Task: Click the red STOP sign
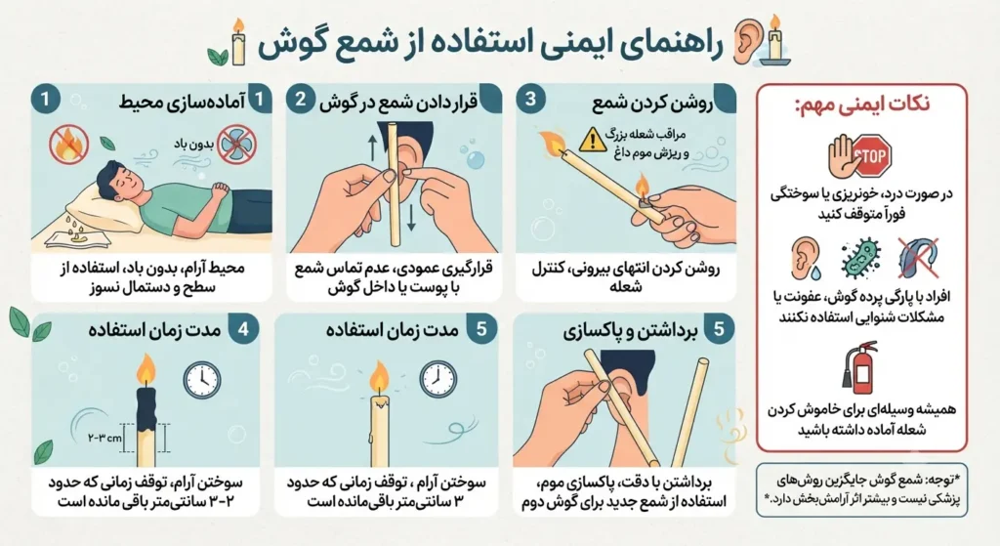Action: tap(872, 155)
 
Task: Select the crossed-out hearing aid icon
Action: tap(918, 258)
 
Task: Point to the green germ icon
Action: tap(860, 258)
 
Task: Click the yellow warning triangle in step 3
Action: tap(593, 140)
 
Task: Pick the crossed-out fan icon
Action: tap(236, 145)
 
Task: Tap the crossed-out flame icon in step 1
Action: tap(69, 145)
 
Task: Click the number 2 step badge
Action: tap(301, 101)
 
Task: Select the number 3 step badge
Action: tap(530, 100)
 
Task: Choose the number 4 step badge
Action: tap(243, 329)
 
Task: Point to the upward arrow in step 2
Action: tap(373, 147)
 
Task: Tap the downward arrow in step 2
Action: tap(411, 216)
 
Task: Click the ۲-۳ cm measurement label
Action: tap(104, 439)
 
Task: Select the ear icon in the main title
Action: tap(746, 41)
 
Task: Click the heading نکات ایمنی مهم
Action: tap(862, 104)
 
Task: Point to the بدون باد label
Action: tap(192, 144)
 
